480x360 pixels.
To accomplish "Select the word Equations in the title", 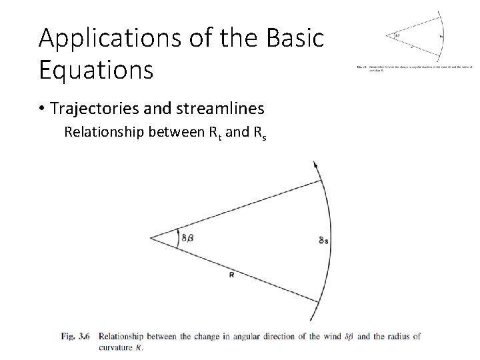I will coord(96,69).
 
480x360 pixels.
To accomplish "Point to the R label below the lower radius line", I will coord(231,274).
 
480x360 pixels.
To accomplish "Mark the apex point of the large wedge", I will coord(151,237).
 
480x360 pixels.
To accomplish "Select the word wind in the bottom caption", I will coord(326,337).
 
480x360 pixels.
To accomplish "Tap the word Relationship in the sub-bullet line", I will coord(101,132).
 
